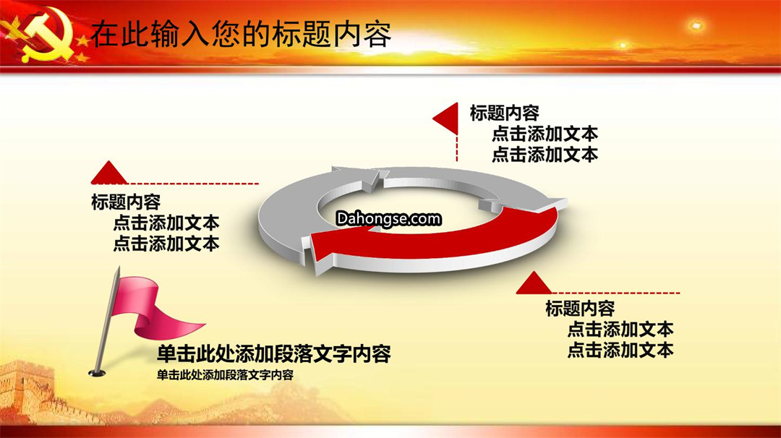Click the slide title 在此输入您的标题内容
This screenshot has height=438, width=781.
point(241,34)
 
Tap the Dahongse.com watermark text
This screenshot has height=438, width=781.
point(388,218)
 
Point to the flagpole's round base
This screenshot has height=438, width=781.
point(97,372)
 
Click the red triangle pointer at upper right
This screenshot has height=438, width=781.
point(445,119)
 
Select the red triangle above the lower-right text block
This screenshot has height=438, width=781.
point(534,283)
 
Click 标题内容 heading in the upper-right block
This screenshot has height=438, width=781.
point(505,113)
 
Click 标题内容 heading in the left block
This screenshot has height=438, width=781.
point(126,202)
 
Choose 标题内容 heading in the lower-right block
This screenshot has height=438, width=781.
point(580,308)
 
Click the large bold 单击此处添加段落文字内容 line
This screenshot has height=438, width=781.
point(274,353)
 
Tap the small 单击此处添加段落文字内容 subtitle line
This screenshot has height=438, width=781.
point(225,375)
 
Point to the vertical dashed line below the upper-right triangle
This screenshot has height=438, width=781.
point(457,148)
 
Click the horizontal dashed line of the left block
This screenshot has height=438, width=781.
point(193,184)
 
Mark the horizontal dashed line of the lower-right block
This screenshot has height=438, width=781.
point(615,293)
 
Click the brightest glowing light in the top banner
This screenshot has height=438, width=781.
point(696,25)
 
